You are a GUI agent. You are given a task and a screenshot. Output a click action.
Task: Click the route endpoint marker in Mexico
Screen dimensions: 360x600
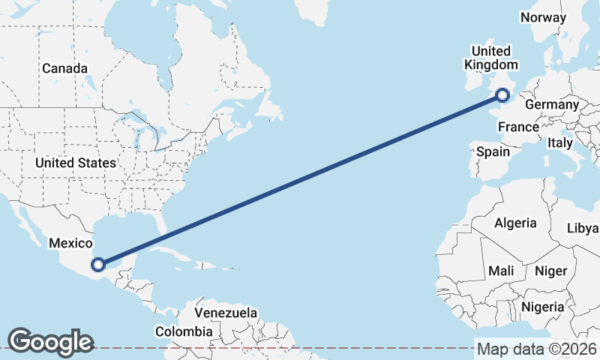click(x=97, y=263)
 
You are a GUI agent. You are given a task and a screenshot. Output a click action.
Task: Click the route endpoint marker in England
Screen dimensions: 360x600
click(x=502, y=94)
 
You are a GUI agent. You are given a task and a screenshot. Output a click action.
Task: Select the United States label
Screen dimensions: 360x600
click(x=76, y=163)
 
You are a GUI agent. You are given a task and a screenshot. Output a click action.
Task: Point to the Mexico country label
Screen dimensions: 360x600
click(x=70, y=243)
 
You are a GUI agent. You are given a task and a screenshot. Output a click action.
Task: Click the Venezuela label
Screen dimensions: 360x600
click(x=226, y=313)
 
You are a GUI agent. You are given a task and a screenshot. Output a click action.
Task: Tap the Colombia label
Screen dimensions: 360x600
click(x=184, y=331)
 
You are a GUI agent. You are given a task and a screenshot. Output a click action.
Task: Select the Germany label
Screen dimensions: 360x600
click(x=552, y=104)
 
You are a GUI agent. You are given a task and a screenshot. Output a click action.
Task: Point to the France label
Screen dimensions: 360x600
click(x=518, y=127)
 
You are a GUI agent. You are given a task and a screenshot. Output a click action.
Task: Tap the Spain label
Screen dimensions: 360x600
click(x=493, y=151)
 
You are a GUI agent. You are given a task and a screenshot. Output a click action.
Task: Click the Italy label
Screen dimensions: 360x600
click(x=559, y=142)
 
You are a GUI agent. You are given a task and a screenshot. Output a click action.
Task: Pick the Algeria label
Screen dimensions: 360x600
click(x=515, y=223)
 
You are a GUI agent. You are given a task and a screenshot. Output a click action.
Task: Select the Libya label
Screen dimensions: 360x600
click(x=583, y=228)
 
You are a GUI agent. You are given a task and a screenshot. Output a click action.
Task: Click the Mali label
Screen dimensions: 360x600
click(x=500, y=270)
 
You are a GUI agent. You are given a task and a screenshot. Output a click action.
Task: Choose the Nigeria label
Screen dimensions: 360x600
click(x=542, y=307)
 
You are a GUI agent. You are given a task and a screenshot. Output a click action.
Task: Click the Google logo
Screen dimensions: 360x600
click(x=50, y=341)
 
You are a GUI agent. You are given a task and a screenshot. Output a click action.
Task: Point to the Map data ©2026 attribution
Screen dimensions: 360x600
click(x=537, y=349)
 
